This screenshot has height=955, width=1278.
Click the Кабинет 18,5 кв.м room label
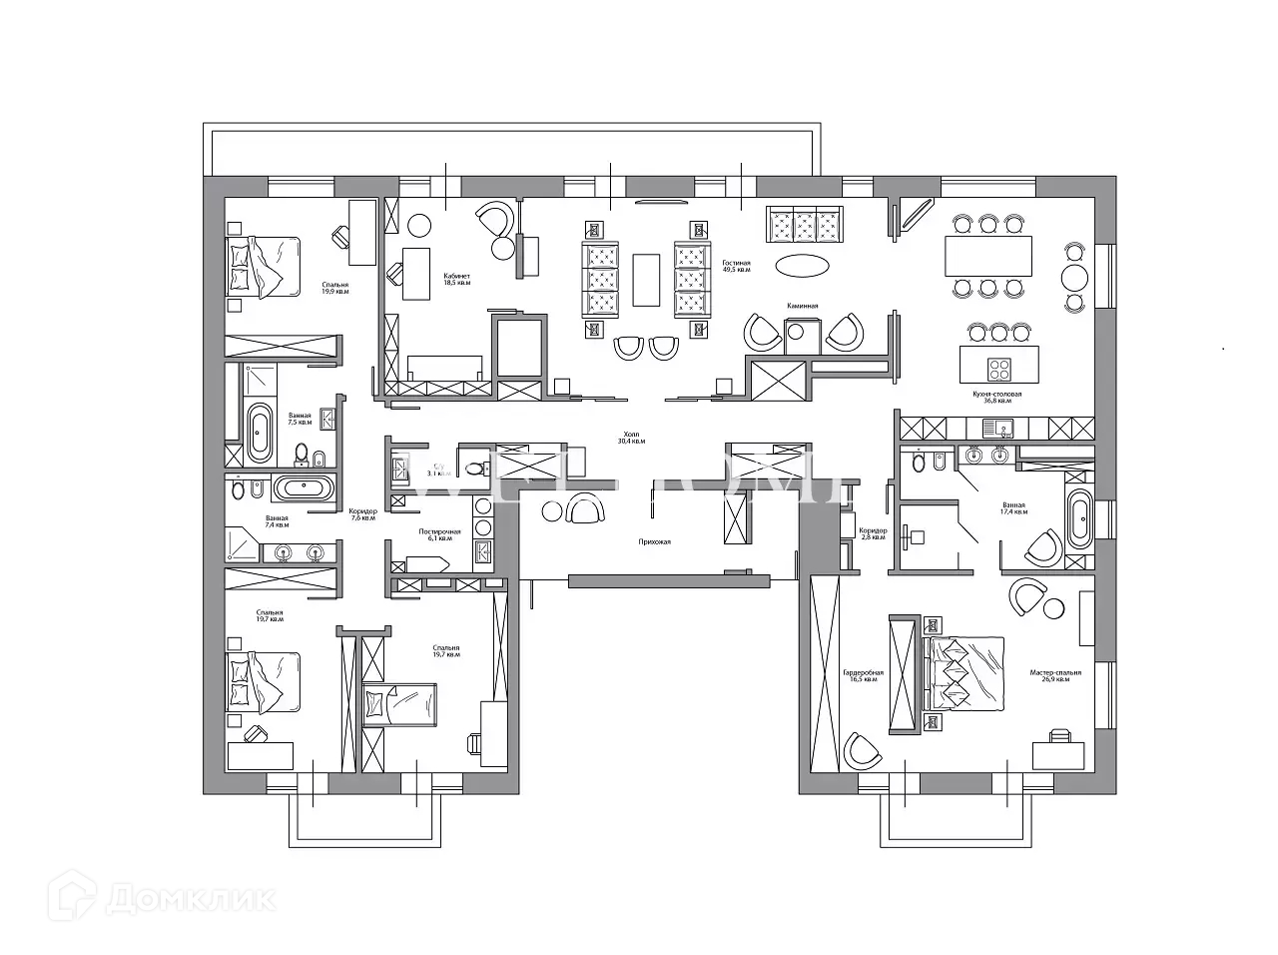tap(457, 279)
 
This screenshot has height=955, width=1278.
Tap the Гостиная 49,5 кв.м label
tap(737, 266)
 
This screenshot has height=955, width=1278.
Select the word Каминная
tap(802, 306)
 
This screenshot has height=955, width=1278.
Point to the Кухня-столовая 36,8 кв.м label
tap(997, 398)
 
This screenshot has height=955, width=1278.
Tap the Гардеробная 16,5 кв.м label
tap(864, 676)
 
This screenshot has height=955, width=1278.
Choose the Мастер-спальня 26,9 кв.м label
tap(1055, 676)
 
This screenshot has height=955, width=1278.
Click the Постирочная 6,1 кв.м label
tap(439, 534)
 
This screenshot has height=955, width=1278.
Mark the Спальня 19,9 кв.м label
tap(335, 288)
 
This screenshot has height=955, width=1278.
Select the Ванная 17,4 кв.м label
tap(1013, 508)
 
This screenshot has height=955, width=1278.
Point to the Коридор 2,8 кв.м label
tap(873, 533)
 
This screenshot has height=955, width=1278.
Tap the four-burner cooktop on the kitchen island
tap(999, 366)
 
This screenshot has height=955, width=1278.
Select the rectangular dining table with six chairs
tap(988, 256)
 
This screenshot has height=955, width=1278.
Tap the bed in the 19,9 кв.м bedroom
tap(264, 267)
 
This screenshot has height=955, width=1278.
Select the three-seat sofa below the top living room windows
tap(804, 225)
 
